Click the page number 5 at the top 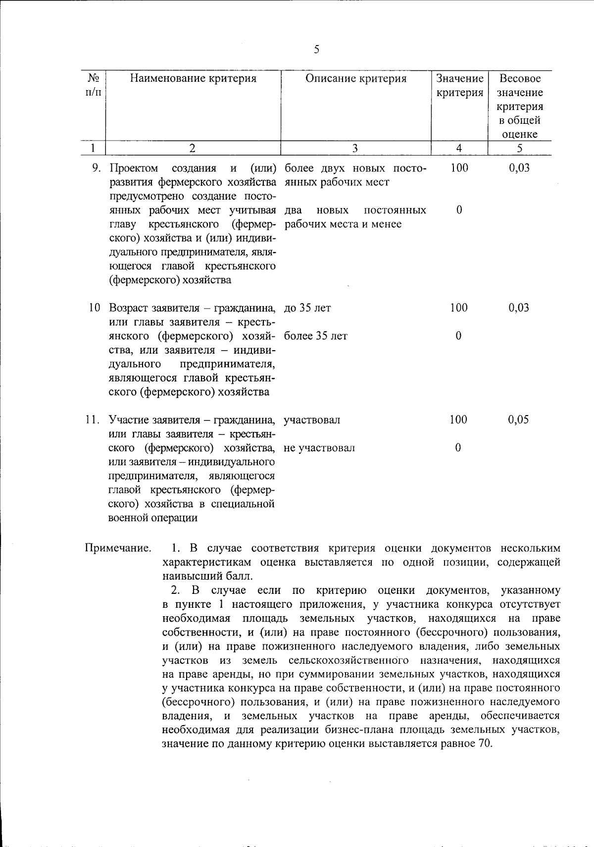pyautogui.click(x=316, y=49)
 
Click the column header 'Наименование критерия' pyautogui.click(x=193, y=78)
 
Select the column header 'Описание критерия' pyautogui.click(x=355, y=78)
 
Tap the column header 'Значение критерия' pyautogui.click(x=459, y=85)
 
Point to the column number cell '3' pyautogui.click(x=355, y=148)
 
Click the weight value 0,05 pyautogui.click(x=518, y=420)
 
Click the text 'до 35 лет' pyautogui.click(x=307, y=308)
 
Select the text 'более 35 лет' pyautogui.click(x=316, y=336)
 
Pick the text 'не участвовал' pyautogui.click(x=319, y=448)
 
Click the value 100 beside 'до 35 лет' pyautogui.click(x=458, y=308)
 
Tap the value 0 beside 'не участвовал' pyautogui.click(x=458, y=448)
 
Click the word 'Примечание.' pyautogui.click(x=118, y=548)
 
